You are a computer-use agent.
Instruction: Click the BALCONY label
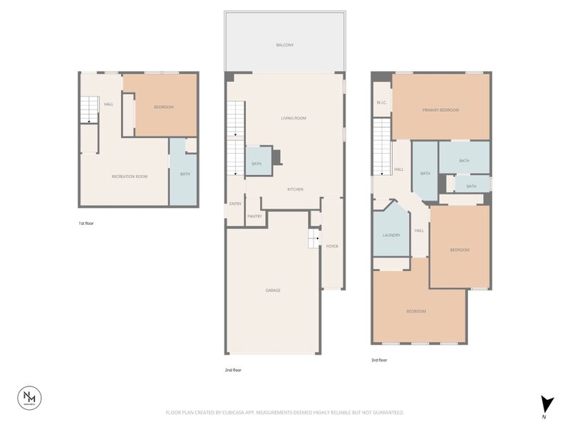(x=285, y=45)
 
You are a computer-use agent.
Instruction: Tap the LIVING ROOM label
(x=294, y=118)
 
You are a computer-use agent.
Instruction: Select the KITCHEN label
(x=296, y=189)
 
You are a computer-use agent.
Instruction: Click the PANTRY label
(x=254, y=216)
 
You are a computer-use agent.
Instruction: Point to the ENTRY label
(x=235, y=204)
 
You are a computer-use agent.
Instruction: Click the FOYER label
(x=332, y=246)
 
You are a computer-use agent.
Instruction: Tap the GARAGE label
(x=273, y=290)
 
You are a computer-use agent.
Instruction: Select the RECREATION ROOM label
(x=129, y=176)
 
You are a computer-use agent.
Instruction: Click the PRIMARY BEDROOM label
(x=440, y=110)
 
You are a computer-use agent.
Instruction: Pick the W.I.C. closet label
(x=381, y=103)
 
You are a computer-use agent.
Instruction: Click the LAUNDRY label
(x=391, y=236)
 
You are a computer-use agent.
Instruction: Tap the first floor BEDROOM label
(x=164, y=107)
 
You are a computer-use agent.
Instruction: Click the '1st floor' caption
(x=86, y=223)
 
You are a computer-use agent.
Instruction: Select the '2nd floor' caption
(x=233, y=370)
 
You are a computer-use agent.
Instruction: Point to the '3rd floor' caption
(x=379, y=361)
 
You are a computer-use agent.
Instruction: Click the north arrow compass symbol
(x=546, y=404)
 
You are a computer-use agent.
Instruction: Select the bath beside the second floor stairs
(x=256, y=164)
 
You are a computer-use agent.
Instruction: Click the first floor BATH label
(x=185, y=174)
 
